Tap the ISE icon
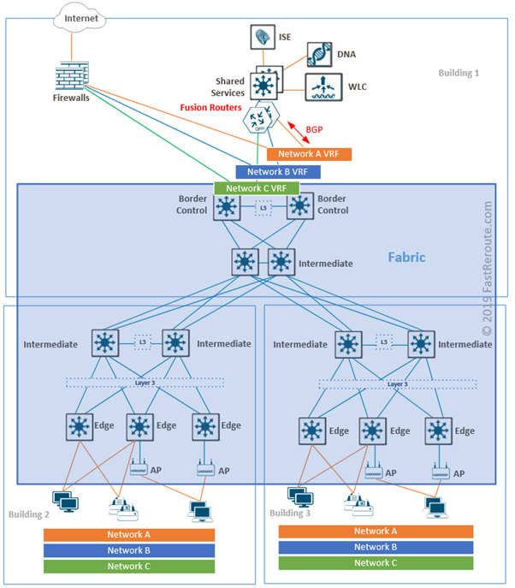tap(262, 37)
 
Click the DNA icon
tap(319, 54)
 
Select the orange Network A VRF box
tap(309, 154)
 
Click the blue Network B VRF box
tap(278, 171)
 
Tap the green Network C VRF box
tap(257, 188)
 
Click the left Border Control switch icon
tap(227, 207)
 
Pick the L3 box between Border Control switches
tap(263, 207)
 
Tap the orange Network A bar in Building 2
tap(128, 535)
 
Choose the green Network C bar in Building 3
tap(376, 562)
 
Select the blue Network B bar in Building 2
tap(128, 550)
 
